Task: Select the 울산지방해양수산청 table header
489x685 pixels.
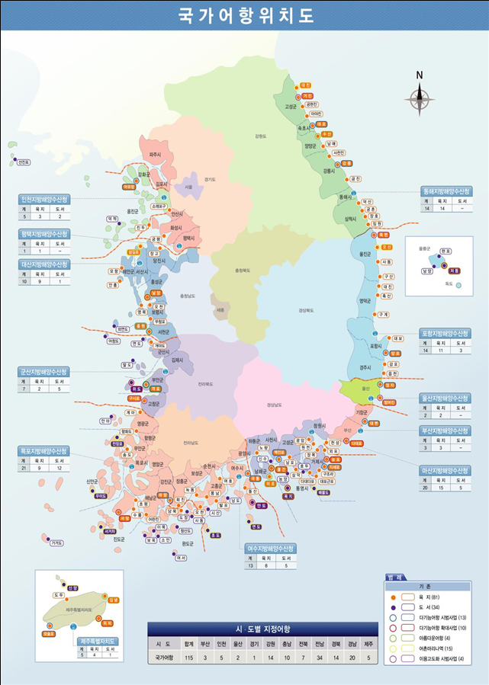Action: pos(446,398)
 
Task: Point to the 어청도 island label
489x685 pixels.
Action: pos(114,341)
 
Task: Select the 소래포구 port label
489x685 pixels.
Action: pos(159,206)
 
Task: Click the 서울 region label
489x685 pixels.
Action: pos(188,186)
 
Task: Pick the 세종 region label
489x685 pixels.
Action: pos(220,309)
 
